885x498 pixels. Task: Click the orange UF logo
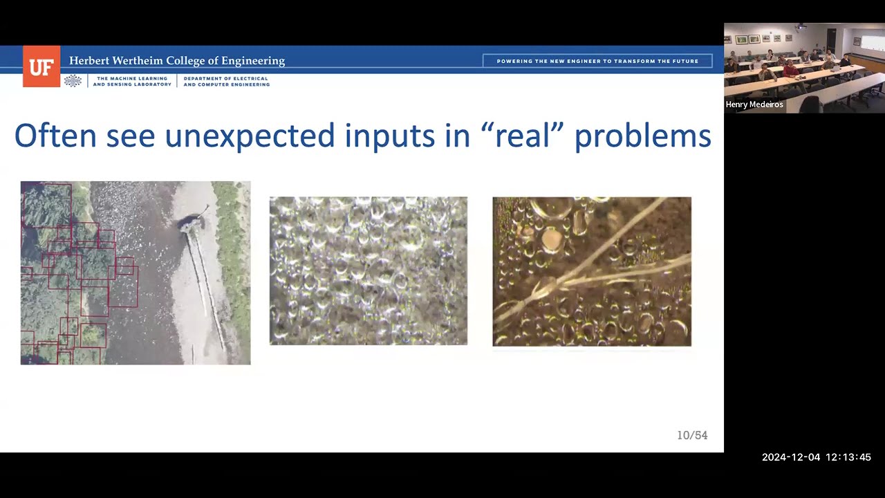[41, 66]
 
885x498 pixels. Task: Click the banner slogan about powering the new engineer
[597, 62]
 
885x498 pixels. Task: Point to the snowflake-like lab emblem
[73, 81]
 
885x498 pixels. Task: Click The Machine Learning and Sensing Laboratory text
[132, 82]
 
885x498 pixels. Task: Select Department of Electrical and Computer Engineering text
[226, 82]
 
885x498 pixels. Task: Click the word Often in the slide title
[56, 136]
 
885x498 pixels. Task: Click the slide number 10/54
[692, 435]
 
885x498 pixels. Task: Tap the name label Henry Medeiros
[754, 104]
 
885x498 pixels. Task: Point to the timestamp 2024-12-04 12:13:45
[817, 457]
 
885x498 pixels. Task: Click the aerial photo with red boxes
[136, 273]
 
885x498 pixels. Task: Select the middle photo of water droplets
[369, 270]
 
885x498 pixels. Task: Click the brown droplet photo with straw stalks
[592, 272]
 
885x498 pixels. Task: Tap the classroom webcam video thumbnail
[804, 68]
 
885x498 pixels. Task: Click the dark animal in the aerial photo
[192, 221]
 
